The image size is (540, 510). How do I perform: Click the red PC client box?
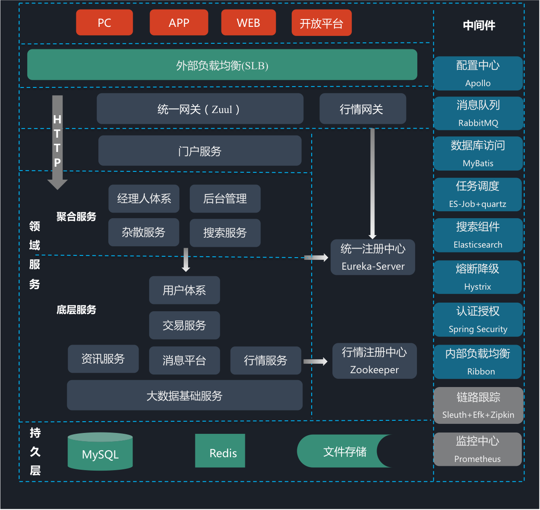pyautogui.click(x=104, y=23)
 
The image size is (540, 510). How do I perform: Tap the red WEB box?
pyautogui.click(x=248, y=23)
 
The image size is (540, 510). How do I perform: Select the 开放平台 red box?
pyautogui.click(x=321, y=23)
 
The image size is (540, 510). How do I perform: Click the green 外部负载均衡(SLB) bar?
pyautogui.click(x=222, y=65)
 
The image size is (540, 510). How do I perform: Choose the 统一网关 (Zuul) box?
pyautogui.click(x=200, y=109)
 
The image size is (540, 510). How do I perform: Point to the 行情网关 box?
pyautogui.click(x=362, y=109)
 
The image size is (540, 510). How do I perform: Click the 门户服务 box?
pyautogui.click(x=200, y=151)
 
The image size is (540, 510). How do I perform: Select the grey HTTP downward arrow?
pyautogui.click(x=57, y=143)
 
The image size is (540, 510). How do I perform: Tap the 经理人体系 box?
pyautogui.click(x=144, y=199)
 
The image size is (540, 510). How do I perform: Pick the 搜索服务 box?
pyautogui.click(x=225, y=233)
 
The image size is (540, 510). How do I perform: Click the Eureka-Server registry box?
pyautogui.click(x=373, y=257)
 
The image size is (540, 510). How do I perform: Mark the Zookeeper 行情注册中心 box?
pyautogui.click(x=374, y=361)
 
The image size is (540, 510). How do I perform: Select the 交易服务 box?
pyautogui.click(x=184, y=325)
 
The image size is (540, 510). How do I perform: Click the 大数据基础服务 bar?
pyautogui.click(x=185, y=395)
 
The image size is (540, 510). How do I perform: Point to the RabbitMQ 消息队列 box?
pyautogui.click(x=478, y=113)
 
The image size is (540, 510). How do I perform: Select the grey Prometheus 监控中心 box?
pyautogui.click(x=478, y=449)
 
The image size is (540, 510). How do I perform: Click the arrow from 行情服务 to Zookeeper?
pyautogui.click(x=316, y=362)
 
